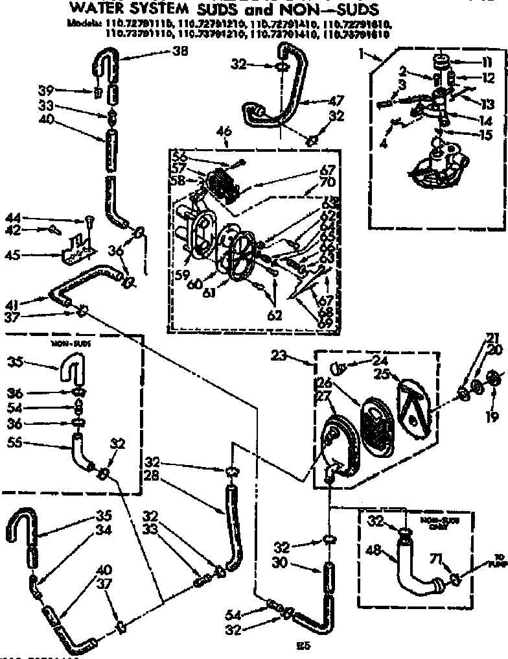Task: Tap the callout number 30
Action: (279, 564)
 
